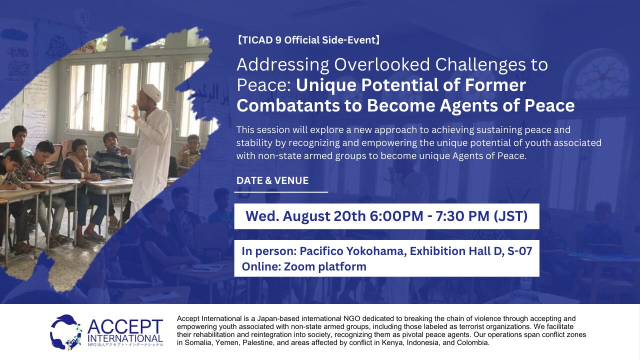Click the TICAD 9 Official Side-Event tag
308,40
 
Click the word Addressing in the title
283,65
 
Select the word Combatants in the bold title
288,105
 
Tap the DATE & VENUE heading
272,180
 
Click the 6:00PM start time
396,216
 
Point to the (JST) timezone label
510,216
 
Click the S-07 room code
519,251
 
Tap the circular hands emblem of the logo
65,332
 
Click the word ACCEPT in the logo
125,327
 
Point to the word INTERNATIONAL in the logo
125,338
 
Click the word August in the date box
306,216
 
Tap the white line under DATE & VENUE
281,192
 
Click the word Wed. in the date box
262,216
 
